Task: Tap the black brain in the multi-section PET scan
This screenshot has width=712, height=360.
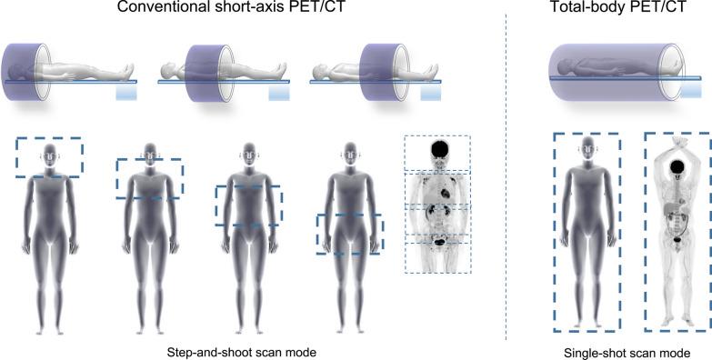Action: [x=438, y=149]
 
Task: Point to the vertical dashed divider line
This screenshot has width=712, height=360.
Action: [x=506, y=182]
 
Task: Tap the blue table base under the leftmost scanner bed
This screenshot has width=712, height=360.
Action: [x=125, y=93]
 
